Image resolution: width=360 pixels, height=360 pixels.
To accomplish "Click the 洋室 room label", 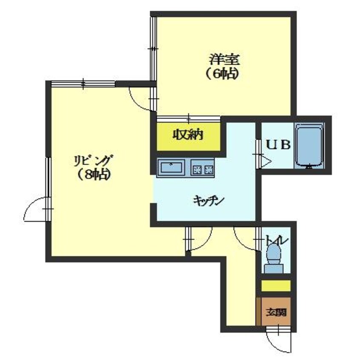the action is pos(224,59).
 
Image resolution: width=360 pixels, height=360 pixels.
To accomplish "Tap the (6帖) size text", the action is pos(221,74).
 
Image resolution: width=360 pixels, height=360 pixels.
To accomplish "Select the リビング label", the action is pos(94,161).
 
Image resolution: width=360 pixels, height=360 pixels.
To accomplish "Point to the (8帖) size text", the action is pos(93,175).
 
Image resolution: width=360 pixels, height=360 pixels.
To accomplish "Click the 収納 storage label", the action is pos(188,135).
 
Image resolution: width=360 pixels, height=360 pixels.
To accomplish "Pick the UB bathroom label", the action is pos(278,145).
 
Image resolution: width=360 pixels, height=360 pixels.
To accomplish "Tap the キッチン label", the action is pos(209,200).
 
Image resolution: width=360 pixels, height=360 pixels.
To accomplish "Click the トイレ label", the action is pos(277,241).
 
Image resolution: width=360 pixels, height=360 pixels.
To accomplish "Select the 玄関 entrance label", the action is pos(276,312).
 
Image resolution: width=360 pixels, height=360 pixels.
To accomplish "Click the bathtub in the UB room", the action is pos(309,146).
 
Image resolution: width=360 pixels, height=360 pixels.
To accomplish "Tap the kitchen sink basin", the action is pos(171,167).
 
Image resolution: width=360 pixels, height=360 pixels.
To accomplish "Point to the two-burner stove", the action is pos(203,168).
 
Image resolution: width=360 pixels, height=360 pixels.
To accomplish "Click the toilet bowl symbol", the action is pos(274,258).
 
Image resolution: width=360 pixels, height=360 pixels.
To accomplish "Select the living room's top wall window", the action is pos(83,83).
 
